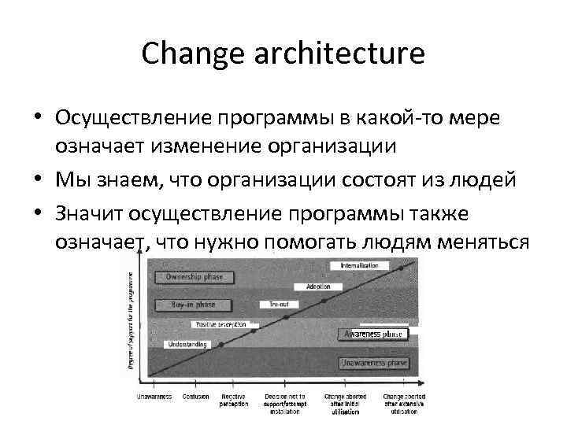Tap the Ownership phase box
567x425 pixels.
pos(195,277)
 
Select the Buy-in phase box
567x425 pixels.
pos(193,304)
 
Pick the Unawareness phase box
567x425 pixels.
pos(373,363)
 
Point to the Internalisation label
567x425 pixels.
pos(359,266)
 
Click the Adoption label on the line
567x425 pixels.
pos(318,287)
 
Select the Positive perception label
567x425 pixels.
pos(220,324)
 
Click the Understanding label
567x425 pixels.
pos(187,344)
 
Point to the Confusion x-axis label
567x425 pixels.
pos(195,397)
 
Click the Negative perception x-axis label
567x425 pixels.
pos(234,400)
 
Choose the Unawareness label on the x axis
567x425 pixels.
pos(154,397)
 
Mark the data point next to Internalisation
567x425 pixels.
pos(401,269)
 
